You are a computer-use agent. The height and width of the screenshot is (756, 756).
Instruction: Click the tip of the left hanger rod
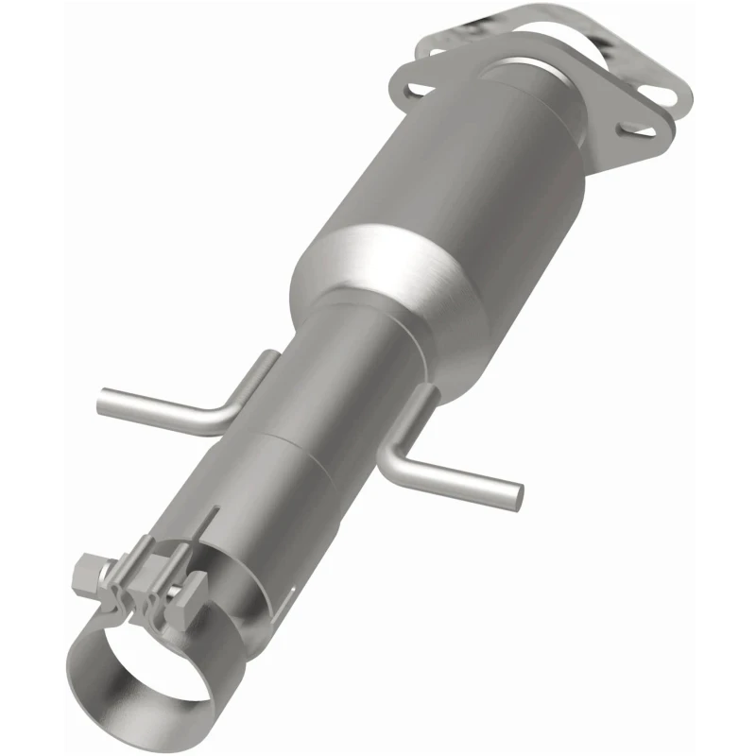103,402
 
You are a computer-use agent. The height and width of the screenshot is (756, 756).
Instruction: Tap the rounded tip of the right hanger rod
516,490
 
